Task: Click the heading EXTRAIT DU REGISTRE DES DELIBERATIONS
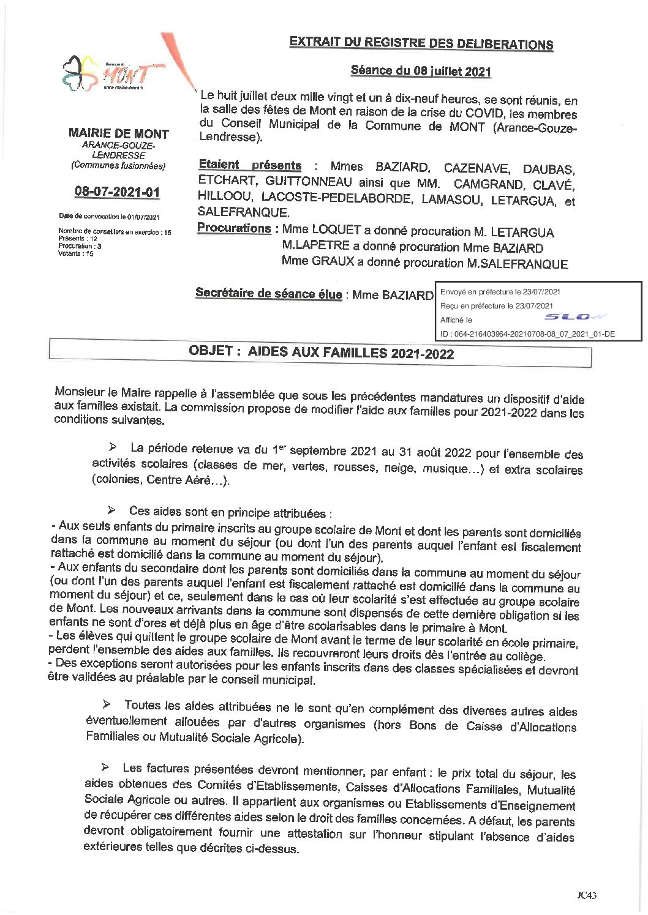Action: pyautogui.click(x=421, y=43)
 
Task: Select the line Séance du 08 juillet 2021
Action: pyautogui.click(x=421, y=70)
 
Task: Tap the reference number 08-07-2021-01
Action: pyautogui.click(x=117, y=192)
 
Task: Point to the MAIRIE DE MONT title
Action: pyautogui.click(x=119, y=133)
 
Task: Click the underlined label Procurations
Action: pyautogui.click(x=234, y=228)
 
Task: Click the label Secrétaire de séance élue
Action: pyautogui.click(x=268, y=293)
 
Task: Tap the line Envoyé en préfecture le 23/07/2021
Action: pyautogui.click(x=500, y=292)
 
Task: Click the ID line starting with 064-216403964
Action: pyautogui.click(x=527, y=334)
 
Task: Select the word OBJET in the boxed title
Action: pyautogui.click(x=211, y=351)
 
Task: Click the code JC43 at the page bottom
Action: pyautogui.click(x=586, y=895)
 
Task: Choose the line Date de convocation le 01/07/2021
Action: pyautogui.click(x=109, y=217)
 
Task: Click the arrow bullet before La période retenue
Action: pyautogui.click(x=113, y=447)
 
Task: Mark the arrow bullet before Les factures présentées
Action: pyautogui.click(x=105, y=767)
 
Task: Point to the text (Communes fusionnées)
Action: pyautogui.click(x=118, y=165)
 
